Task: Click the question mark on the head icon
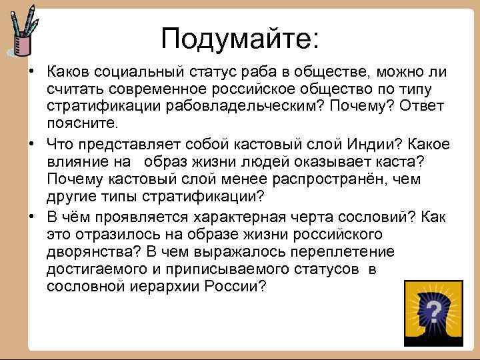pyautogui.click(x=433, y=310)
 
